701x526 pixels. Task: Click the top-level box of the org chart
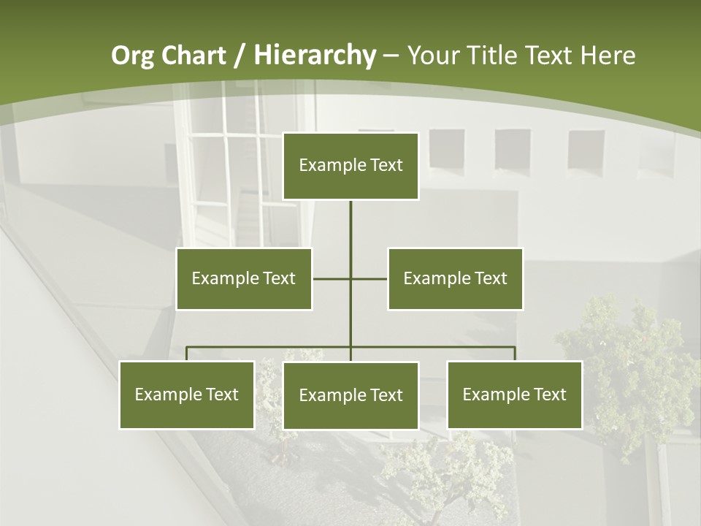(x=350, y=166)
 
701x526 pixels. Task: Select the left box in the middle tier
(x=244, y=278)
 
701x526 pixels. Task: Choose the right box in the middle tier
(x=455, y=278)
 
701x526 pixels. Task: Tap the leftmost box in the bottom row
(x=187, y=394)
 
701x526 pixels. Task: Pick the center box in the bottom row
(x=350, y=395)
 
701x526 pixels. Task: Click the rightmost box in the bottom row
(x=514, y=394)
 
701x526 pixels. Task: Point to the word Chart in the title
(x=194, y=56)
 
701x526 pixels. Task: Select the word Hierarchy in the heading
(x=314, y=56)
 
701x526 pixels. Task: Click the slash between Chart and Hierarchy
(x=240, y=56)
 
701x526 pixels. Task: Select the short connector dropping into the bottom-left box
(x=187, y=354)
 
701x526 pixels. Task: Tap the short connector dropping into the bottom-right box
(x=514, y=354)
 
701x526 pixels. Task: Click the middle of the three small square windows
(x=512, y=150)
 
